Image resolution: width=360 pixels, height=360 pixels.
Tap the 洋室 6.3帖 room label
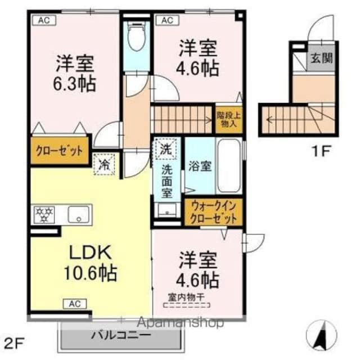point(75,73)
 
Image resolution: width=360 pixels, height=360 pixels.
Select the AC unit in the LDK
point(75,304)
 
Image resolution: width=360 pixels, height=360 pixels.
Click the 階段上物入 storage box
point(229,119)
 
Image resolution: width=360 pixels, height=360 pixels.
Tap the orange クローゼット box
point(60,151)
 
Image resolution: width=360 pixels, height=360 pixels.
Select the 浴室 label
point(199,167)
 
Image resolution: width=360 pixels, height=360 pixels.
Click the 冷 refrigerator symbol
point(105,165)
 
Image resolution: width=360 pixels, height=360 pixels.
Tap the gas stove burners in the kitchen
point(44,214)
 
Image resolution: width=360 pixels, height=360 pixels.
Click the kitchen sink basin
point(79,214)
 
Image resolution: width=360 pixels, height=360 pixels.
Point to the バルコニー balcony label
point(120,335)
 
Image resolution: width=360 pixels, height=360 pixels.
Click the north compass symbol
point(322,335)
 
